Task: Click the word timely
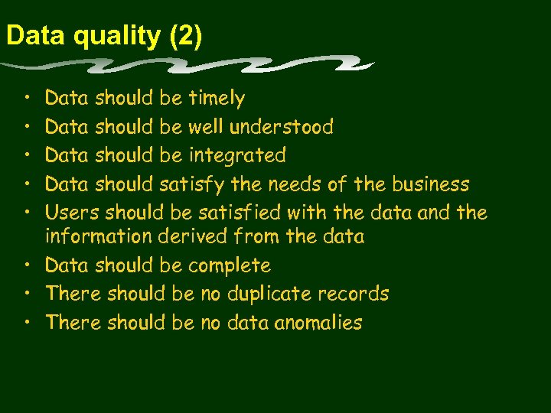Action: pos(217,99)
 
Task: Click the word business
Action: pos(430,184)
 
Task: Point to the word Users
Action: pos(73,213)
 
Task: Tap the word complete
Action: pos(230,265)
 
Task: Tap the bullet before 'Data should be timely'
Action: pos(27,99)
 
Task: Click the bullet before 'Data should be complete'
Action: pos(27,265)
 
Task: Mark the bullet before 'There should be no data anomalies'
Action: pos(27,323)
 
